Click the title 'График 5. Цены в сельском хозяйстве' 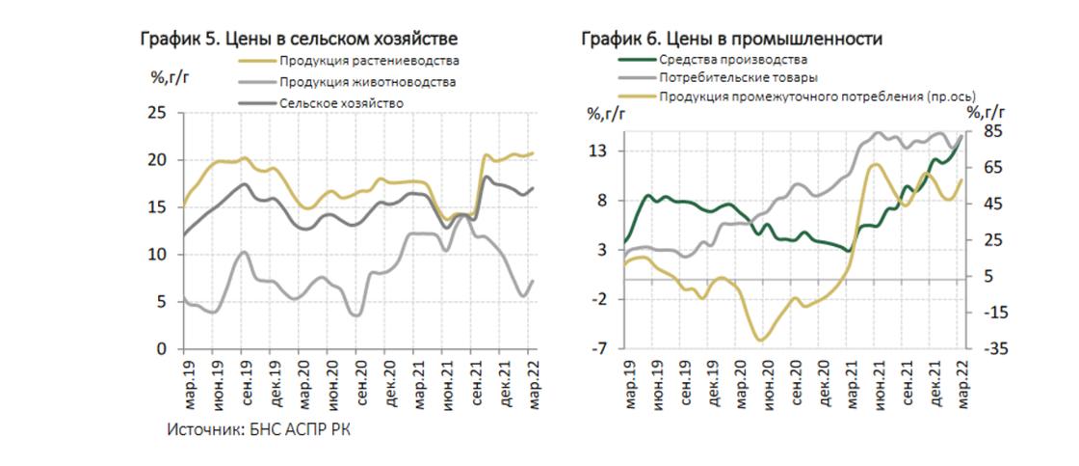[x=299, y=39]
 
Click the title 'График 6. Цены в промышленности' [x=732, y=39]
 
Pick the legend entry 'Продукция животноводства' [x=367, y=82]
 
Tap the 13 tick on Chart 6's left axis [x=600, y=151]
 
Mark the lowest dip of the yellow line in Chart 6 [x=761, y=340]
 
